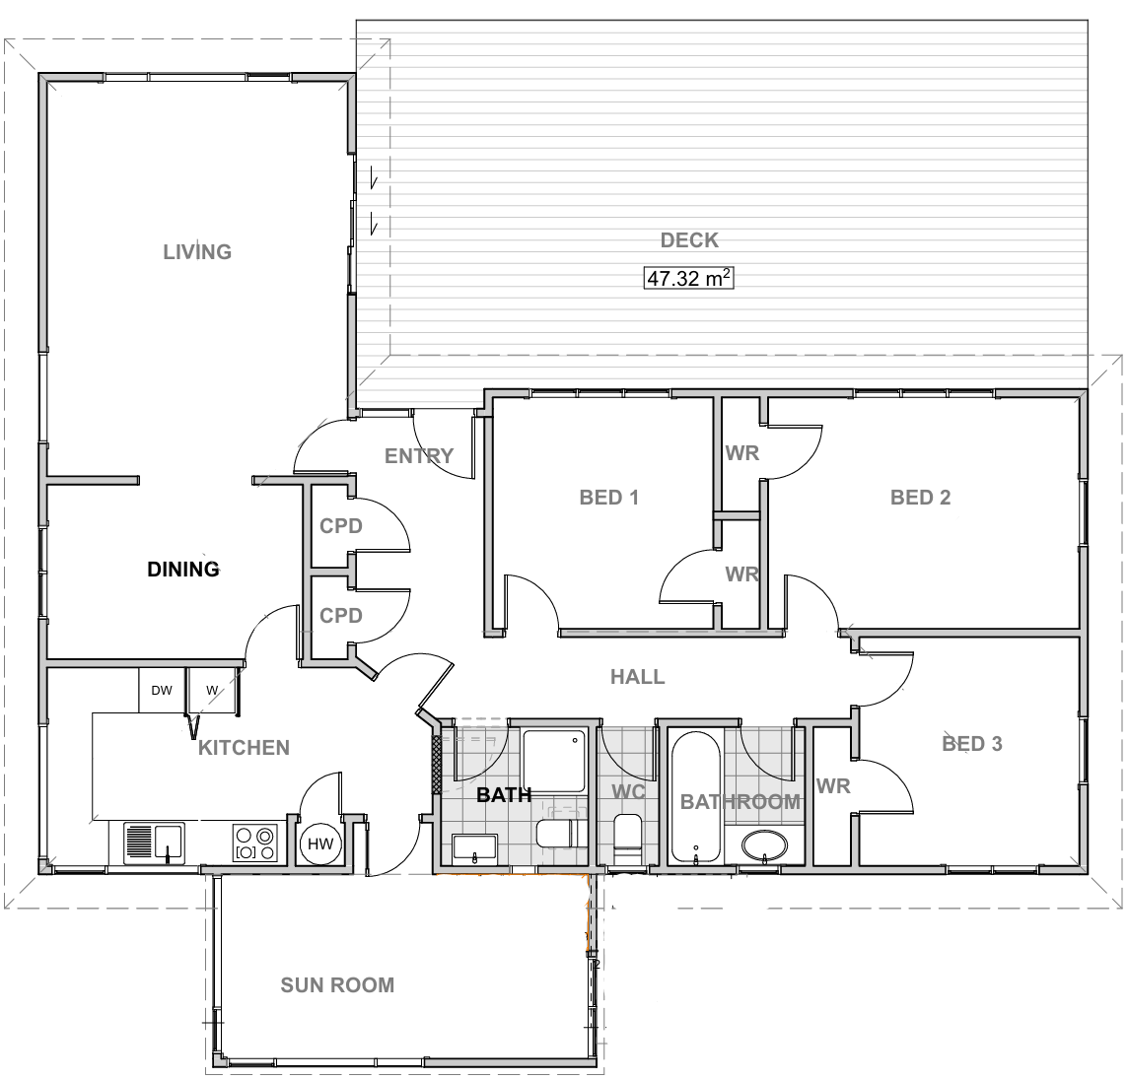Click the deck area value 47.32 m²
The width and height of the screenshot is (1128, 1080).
[688, 278]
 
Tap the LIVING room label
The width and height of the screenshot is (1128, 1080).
[197, 251]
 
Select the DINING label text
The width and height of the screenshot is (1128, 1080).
[183, 569]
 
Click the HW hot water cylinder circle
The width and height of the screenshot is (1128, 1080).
[320, 844]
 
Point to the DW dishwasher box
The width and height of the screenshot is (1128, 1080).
[163, 691]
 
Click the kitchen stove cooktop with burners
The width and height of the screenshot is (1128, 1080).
[255, 843]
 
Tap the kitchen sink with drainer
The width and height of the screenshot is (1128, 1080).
[154, 844]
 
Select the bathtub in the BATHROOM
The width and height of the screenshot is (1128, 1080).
[696, 797]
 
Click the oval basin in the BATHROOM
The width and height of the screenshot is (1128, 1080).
[764, 846]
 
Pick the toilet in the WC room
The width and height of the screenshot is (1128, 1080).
[627, 838]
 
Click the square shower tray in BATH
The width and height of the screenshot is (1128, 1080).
[553, 761]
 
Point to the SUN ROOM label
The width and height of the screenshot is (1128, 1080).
[337, 984]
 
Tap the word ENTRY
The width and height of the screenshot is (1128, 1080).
[419, 455]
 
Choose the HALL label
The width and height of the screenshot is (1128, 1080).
[637, 677]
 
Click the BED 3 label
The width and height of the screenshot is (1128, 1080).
[972, 744]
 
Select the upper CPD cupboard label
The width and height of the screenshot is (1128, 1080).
[341, 525]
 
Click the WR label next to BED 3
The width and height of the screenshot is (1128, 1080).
[833, 786]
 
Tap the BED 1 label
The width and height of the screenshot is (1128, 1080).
[609, 497]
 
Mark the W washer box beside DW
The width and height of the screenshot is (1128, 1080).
[213, 691]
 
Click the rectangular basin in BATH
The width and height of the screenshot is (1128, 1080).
[475, 847]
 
